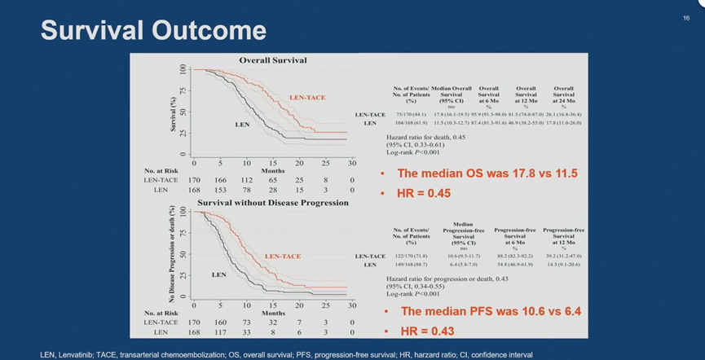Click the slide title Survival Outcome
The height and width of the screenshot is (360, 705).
tap(153, 30)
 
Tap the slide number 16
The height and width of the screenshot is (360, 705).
tap(686, 18)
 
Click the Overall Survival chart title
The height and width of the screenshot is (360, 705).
tap(272, 60)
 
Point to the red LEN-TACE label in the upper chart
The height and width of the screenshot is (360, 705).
tap(307, 98)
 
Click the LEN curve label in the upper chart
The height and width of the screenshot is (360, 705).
tap(242, 125)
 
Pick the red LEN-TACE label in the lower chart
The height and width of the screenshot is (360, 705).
tap(283, 256)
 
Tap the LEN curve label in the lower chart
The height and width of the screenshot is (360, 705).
tap(218, 274)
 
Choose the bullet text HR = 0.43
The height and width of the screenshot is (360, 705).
tap(428, 331)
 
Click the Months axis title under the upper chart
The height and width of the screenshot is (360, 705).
tap(273, 171)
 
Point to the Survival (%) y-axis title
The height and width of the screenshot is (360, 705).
tap(173, 112)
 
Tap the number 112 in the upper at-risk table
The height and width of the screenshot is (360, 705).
tap(246, 180)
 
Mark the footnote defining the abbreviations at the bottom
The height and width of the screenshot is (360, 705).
tap(286, 354)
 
